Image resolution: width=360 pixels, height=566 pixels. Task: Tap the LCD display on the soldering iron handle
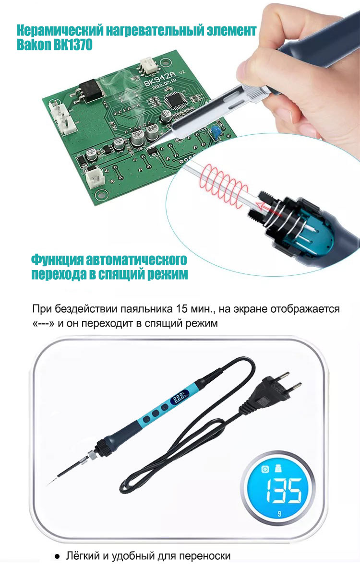(180, 398)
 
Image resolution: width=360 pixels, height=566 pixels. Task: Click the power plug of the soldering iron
(275, 389)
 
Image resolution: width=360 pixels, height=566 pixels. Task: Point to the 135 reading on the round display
(284, 490)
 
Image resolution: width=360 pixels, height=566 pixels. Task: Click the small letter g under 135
(279, 513)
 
